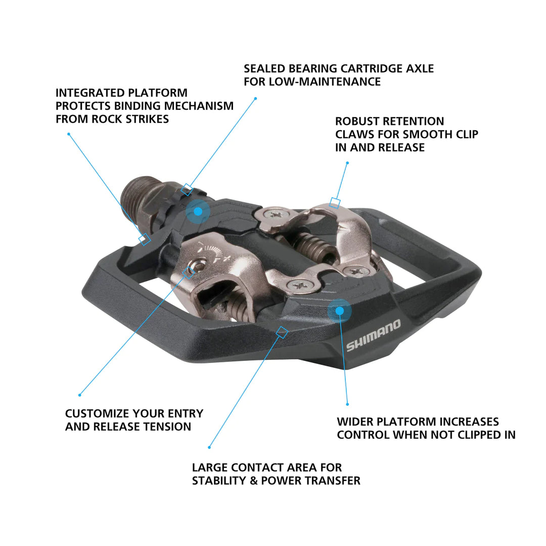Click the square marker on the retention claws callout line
click(334, 203)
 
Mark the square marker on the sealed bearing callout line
click(187, 190)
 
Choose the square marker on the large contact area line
click(282, 332)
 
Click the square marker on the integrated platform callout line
click(145, 239)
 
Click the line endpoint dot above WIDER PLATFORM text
click(347, 404)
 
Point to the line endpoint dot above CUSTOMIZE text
click(79, 395)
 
